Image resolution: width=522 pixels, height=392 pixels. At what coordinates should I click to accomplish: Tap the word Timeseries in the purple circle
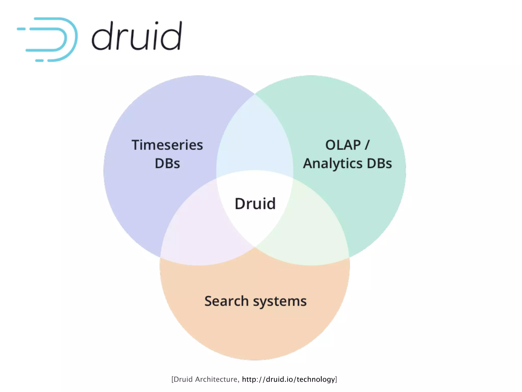[167, 145]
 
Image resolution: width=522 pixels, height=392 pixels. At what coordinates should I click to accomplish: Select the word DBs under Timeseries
[167, 164]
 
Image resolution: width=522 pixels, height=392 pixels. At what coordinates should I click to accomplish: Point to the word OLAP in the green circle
[343, 145]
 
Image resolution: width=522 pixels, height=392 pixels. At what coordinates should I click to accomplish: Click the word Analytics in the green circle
[333, 164]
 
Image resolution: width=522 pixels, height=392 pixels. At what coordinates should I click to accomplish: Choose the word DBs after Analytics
[379, 164]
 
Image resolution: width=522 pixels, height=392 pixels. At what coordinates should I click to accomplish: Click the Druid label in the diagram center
[255, 204]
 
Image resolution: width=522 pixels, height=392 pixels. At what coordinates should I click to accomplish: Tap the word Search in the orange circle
[226, 301]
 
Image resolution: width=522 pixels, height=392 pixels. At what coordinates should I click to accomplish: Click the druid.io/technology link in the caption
[288, 379]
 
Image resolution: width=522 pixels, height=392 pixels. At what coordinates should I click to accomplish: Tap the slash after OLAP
[367, 145]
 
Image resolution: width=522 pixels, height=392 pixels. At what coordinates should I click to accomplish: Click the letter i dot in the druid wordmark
[156, 23]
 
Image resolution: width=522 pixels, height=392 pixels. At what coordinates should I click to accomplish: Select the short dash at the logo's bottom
[39, 60]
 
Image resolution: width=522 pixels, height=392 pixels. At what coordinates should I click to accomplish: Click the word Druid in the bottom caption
[183, 379]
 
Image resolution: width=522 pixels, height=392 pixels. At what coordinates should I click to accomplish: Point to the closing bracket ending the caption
[336, 379]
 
